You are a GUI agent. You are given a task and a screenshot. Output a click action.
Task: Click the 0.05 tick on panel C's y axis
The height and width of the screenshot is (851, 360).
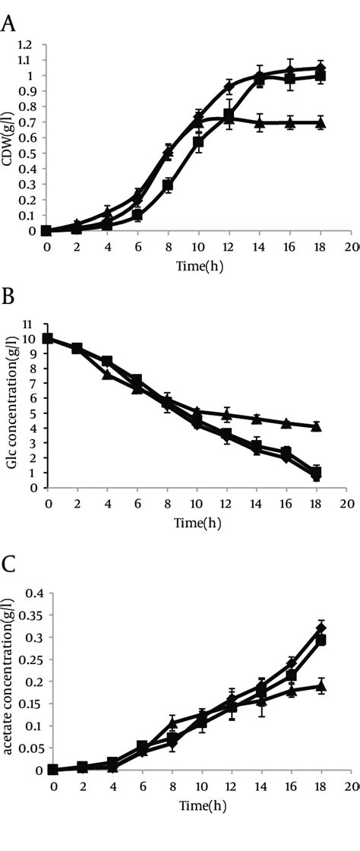point(25,748)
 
